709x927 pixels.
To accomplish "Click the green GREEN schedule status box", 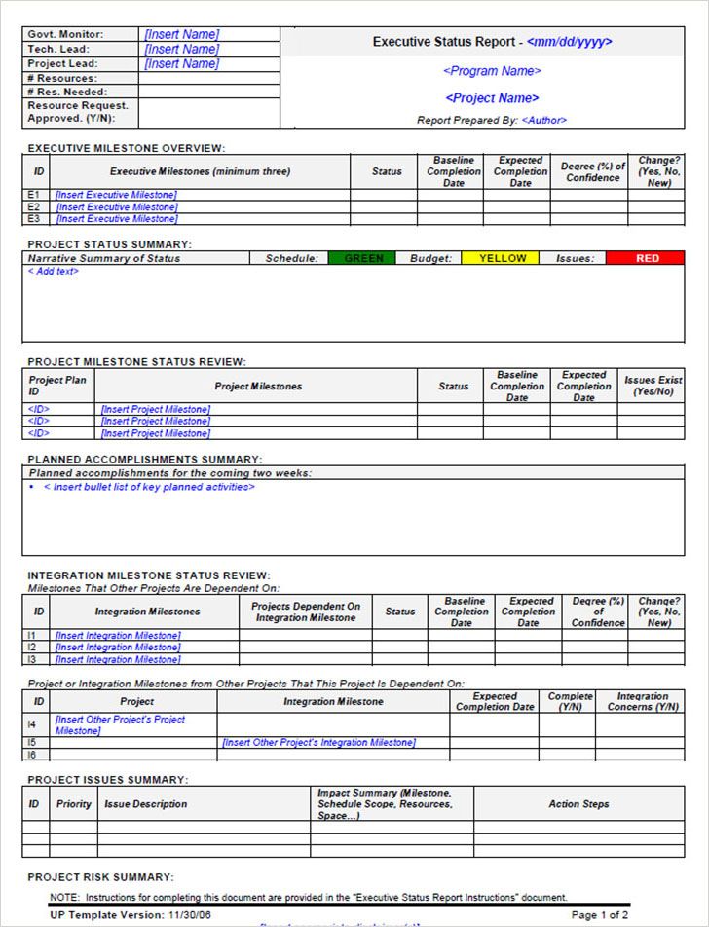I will click(x=364, y=258).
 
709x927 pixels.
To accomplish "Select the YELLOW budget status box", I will click(x=503, y=258).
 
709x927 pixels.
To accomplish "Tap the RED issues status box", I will click(x=647, y=258).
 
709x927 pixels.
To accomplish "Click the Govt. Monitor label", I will click(x=65, y=34).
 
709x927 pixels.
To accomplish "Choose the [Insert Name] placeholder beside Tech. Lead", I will click(x=182, y=49).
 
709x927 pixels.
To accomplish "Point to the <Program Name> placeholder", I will click(x=492, y=71).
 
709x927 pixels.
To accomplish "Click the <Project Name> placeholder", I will click(x=492, y=98).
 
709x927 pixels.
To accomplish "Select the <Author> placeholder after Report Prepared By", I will click(x=543, y=121).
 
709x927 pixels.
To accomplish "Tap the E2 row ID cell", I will click(x=34, y=207).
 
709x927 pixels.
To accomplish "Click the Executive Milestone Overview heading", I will click(x=127, y=148).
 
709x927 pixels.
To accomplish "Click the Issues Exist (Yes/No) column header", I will click(x=653, y=386).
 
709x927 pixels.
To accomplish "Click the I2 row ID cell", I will click(x=32, y=647).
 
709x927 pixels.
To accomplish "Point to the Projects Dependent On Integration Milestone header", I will click(x=306, y=612).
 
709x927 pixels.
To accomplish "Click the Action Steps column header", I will click(x=578, y=804).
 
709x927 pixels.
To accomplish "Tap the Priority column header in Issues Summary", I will click(x=74, y=804).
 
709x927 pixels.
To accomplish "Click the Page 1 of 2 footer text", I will click(x=599, y=915).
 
